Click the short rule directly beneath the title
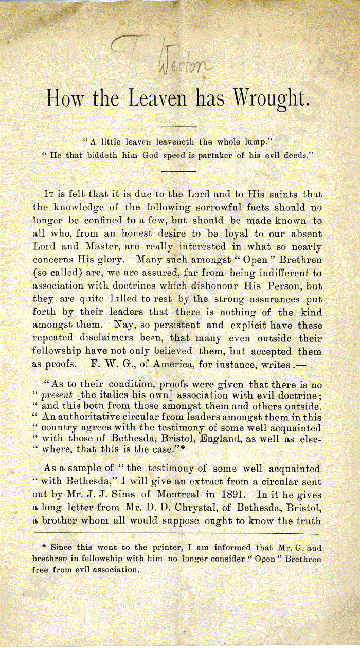click(x=179, y=126)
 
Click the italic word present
click(x=56, y=397)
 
